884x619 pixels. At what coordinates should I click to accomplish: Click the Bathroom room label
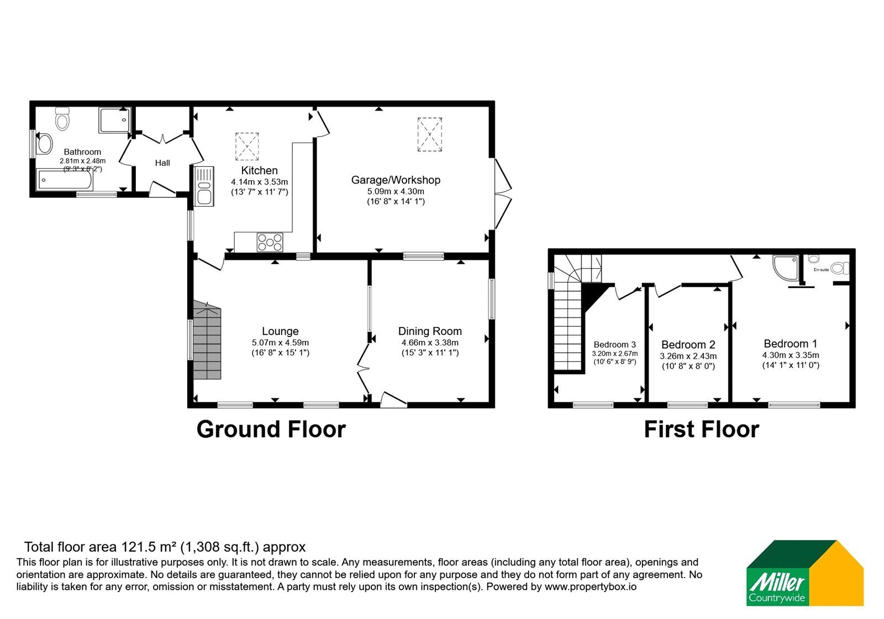pyautogui.click(x=82, y=152)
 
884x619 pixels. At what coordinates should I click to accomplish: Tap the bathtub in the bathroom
pyautogui.click(x=65, y=180)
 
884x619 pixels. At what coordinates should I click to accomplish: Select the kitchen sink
pyautogui.click(x=204, y=186)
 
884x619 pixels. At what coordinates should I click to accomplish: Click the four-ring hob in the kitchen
pyautogui.click(x=270, y=242)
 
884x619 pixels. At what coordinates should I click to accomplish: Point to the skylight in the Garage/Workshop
pyautogui.click(x=430, y=134)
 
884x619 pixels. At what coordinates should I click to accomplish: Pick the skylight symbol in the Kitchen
pyautogui.click(x=247, y=146)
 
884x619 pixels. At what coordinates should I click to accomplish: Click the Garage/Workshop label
pyautogui.click(x=396, y=180)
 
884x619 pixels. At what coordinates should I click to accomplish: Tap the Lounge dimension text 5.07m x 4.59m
pyautogui.click(x=280, y=343)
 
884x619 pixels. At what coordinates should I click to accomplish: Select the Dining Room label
pyautogui.click(x=430, y=331)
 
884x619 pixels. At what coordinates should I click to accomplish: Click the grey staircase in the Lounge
pyautogui.click(x=207, y=340)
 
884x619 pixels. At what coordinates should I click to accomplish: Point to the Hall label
pyautogui.click(x=162, y=163)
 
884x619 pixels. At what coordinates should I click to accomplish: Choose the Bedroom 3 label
pyautogui.click(x=614, y=345)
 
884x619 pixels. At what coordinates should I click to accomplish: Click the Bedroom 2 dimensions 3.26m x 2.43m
pyautogui.click(x=688, y=356)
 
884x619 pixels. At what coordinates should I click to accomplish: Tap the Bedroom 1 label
pyautogui.click(x=791, y=343)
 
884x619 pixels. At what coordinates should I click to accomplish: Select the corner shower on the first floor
pyautogui.click(x=785, y=268)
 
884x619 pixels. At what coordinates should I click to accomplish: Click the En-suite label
pyautogui.click(x=821, y=270)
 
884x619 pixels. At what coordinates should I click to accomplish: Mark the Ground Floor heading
pyautogui.click(x=271, y=429)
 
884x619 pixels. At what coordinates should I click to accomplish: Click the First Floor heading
pyautogui.click(x=701, y=429)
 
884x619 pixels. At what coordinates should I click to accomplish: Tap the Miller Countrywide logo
pyautogui.click(x=804, y=573)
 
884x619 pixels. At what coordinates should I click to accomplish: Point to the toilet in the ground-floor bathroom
pyautogui.click(x=62, y=119)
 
